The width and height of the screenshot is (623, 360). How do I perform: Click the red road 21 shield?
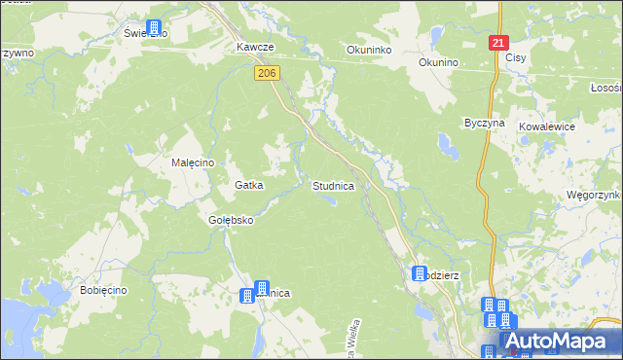point(498,44)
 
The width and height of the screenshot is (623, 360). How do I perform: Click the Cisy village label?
point(516,58)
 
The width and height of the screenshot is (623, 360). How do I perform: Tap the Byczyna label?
point(484,124)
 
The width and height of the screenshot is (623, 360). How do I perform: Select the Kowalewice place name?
point(547,126)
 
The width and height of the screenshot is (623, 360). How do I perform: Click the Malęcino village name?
point(193,163)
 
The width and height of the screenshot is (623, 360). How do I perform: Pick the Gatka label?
point(249,185)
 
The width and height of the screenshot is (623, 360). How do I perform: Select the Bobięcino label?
point(105,291)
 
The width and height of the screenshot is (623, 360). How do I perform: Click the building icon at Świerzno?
point(153,29)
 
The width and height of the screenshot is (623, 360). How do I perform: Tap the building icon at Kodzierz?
point(420,274)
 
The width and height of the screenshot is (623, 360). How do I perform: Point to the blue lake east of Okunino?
point(449,147)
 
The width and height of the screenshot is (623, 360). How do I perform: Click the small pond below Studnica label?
point(333,200)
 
